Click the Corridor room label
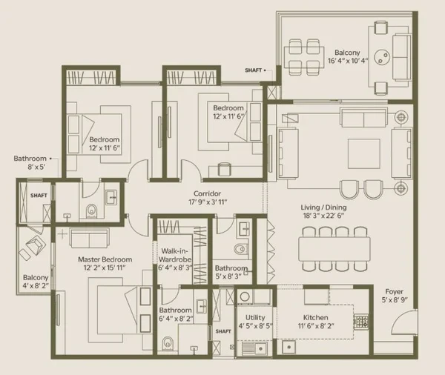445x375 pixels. (x=207, y=193)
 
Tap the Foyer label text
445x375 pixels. (x=395, y=291)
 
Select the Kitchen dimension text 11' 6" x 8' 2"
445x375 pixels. (x=316, y=326)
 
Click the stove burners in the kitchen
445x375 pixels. (x=361, y=322)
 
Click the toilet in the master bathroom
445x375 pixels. (x=168, y=343)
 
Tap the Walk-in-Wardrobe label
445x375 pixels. (x=175, y=255)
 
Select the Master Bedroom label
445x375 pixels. (x=105, y=259)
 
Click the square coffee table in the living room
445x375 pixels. (x=364, y=154)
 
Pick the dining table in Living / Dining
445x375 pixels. (x=334, y=249)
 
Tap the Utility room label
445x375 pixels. (x=255, y=317)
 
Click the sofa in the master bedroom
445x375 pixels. (x=90, y=238)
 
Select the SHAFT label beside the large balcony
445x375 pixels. (x=254, y=70)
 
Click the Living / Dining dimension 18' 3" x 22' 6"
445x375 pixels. (x=323, y=216)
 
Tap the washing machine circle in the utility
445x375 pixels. (x=244, y=297)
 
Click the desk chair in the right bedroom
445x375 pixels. (x=225, y=170)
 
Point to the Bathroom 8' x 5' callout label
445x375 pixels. (x=30, y=162)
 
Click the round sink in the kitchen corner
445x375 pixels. (x=289, y=347)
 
